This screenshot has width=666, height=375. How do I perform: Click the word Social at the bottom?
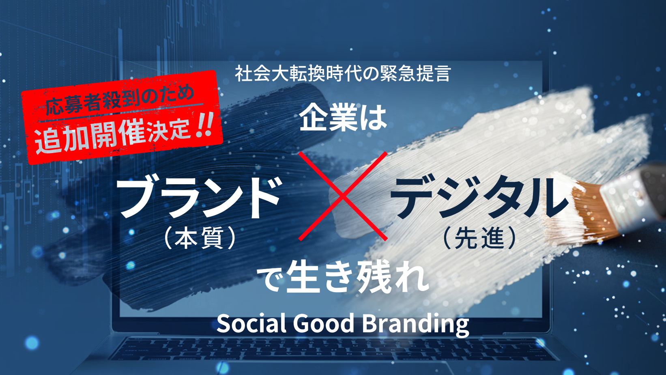[251, 323]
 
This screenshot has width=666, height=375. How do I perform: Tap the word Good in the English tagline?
[324, 323]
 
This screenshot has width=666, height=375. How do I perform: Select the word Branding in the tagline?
[415, 325]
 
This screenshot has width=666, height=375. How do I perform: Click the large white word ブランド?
[199, 198]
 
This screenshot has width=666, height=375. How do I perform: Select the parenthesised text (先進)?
[479, 238]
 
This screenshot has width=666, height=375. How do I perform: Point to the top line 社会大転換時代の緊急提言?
[343, 74]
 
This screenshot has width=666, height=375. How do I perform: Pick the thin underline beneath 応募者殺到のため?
[121, 113]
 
